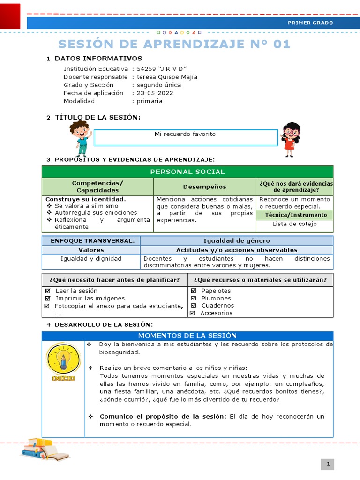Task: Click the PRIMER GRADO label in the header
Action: coord(310,22)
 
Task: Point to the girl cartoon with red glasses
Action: coord(291,139)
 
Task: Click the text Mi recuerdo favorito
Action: coord(185,134)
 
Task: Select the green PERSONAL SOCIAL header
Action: coord(187,172)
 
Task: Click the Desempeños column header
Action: coord(204,187)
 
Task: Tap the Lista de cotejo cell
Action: coord(294,224)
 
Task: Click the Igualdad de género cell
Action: coord(236,240)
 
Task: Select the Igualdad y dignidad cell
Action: coord(91,258)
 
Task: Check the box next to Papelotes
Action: coord(194,291)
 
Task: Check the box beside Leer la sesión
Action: coord(47,291)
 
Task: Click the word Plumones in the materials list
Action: coord(216,298)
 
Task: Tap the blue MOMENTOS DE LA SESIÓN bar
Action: coord(187,336)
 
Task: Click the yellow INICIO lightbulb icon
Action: coord(63,361)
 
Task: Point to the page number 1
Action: coord(329,464)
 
